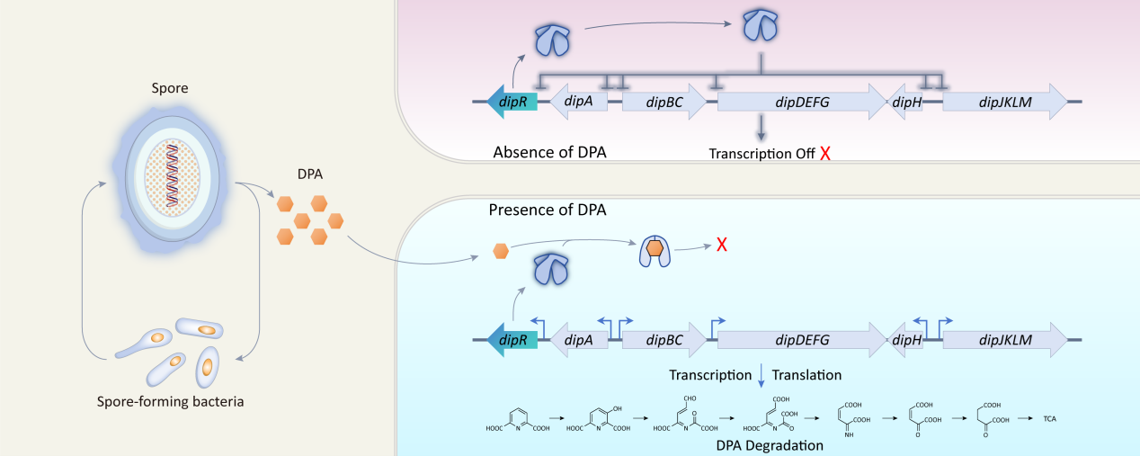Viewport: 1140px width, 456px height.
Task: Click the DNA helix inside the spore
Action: coord(170,173)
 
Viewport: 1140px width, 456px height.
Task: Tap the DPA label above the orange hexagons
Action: coord(309,174)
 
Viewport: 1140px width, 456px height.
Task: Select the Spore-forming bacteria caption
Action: coord(170,400)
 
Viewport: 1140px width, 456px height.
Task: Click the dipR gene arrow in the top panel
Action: coord(512,102)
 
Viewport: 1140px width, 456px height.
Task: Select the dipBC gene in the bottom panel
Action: coord(664,340)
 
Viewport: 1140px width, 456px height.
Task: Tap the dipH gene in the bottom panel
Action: coord(904,340)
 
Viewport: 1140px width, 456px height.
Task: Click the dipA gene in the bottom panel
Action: coord(577,340)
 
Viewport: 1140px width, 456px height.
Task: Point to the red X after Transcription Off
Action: coord(824,154)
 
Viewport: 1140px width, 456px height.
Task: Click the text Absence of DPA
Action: coord(549,152)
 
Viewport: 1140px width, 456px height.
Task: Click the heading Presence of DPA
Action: coord(548,210)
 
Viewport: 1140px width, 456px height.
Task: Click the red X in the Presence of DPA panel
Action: coord(721,245)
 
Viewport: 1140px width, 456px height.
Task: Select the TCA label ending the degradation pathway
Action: coord(1049,419)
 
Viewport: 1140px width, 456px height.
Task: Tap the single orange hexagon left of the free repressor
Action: coord(502,251)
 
